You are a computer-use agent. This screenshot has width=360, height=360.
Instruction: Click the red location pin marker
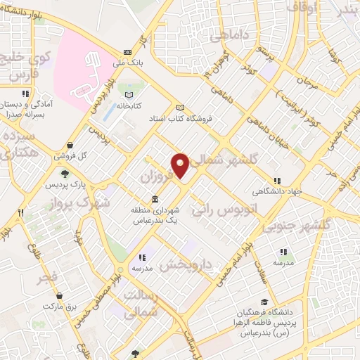point(181,165)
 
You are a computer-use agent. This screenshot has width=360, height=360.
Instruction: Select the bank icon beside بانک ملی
point(127,51)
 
